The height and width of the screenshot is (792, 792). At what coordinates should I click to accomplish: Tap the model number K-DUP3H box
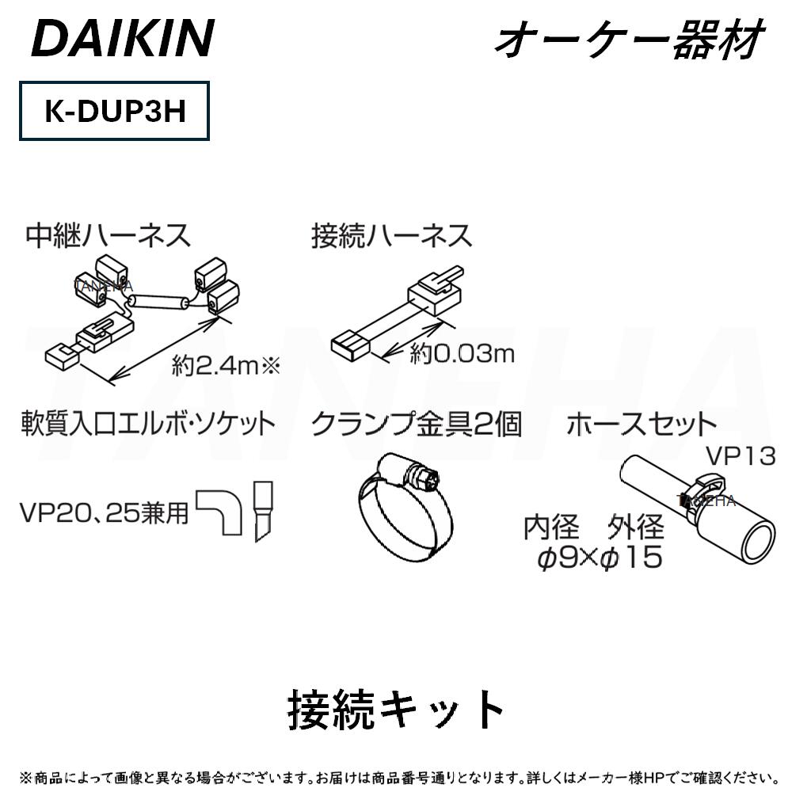tap(114, 112)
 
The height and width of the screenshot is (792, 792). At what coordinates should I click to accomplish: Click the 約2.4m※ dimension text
tap(227, 365)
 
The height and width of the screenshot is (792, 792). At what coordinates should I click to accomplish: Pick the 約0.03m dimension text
tap(461, 354)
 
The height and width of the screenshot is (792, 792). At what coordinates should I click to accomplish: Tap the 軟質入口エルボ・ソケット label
tap(148, 424)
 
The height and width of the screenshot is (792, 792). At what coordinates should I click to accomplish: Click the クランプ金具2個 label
tap(416, 424)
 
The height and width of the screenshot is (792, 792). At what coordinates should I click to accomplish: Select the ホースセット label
tap(641, 424)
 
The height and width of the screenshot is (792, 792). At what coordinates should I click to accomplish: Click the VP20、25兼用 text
tap(105, 513)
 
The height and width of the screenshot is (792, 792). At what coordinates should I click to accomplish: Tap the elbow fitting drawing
tap(222, 511)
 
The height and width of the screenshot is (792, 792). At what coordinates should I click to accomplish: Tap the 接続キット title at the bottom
tap(395, 709)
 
